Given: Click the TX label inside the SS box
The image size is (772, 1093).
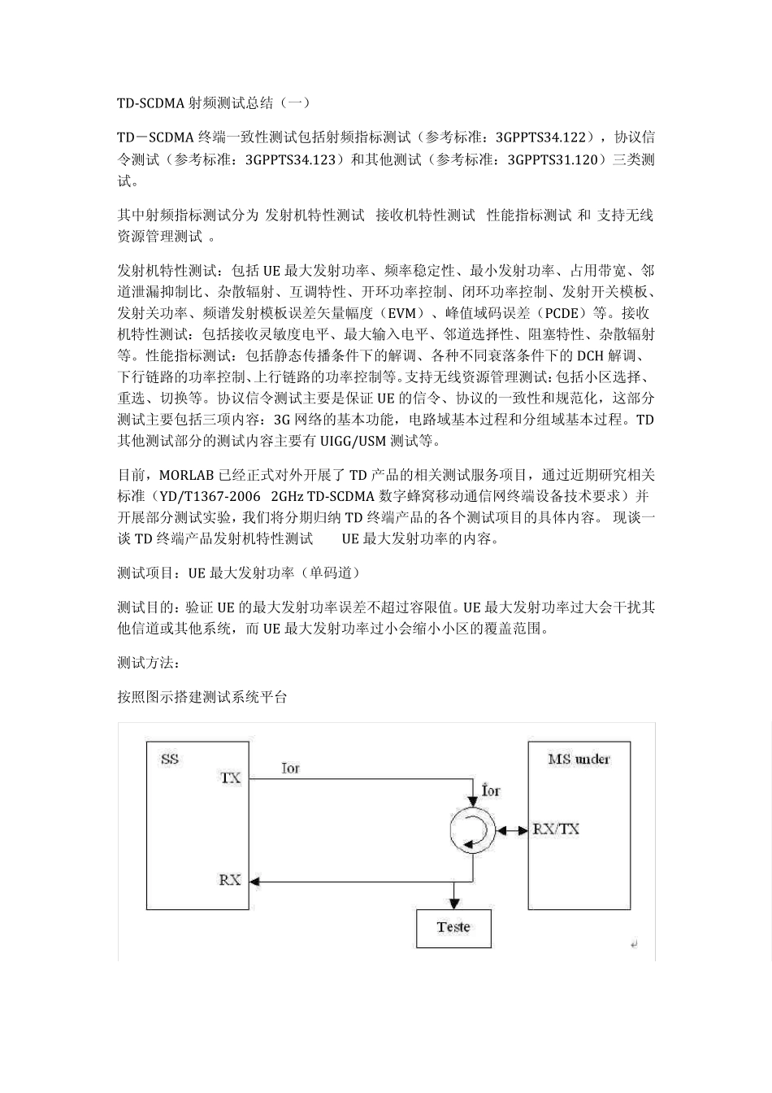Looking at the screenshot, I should click(231, 777).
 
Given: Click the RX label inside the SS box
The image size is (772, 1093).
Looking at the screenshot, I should click(230, 880).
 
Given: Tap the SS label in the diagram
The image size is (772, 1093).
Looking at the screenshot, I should click(169, 760).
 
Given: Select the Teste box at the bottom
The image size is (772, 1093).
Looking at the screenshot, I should click(453, 927).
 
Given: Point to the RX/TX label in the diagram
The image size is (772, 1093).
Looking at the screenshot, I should click(556, 830).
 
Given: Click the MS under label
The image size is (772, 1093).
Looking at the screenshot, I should click(579, 759).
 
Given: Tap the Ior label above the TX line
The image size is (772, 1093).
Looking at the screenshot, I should click(291, 768).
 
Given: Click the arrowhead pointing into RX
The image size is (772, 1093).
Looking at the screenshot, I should click(254, 881).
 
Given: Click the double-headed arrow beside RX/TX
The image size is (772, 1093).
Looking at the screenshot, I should click(512, 830).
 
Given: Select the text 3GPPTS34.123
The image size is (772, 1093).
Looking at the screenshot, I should click(290, 160).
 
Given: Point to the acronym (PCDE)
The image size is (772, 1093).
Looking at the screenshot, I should click(562, 312).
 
